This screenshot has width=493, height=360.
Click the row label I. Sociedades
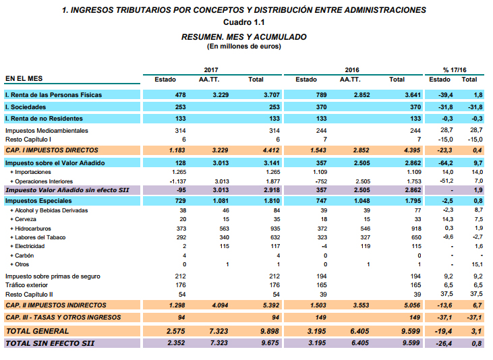tap(23, 107)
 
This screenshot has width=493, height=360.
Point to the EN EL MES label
tap(24, 80)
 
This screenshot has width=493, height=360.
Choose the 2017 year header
tap(211, 70)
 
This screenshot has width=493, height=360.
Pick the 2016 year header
tap(351, 70)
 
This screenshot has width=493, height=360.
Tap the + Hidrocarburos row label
tap(30, 229)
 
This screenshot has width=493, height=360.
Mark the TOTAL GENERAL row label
tap(37, 331)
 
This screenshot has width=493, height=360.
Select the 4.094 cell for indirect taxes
tap(219, 305)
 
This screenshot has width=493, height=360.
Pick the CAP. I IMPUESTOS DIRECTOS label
tap(52, 150)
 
